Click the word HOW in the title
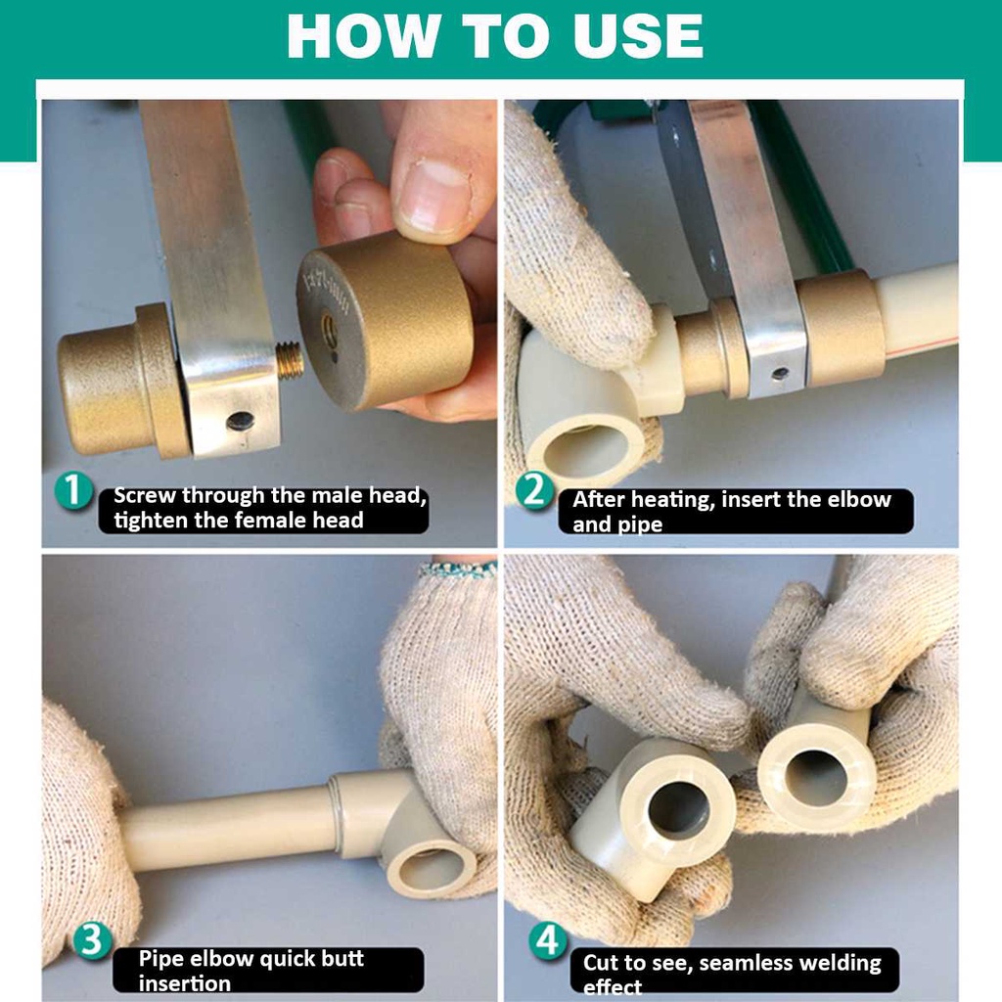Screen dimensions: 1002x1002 point(364,36)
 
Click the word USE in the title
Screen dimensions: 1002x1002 point(638,36)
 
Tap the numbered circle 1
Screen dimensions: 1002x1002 point(73,490)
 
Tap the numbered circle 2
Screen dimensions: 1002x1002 point(534,490)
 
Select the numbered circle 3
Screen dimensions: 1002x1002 point(92,940)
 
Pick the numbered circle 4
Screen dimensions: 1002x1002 point(548,940)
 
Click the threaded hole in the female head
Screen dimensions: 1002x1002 point(329,329)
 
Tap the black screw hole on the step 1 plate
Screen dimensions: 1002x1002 point(241,421)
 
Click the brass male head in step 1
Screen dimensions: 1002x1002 point(122,381)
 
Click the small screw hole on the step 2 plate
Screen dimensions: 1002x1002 point(780,374)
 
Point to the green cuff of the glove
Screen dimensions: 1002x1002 point(458,569)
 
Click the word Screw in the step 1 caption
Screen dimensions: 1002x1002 point(144,495)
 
